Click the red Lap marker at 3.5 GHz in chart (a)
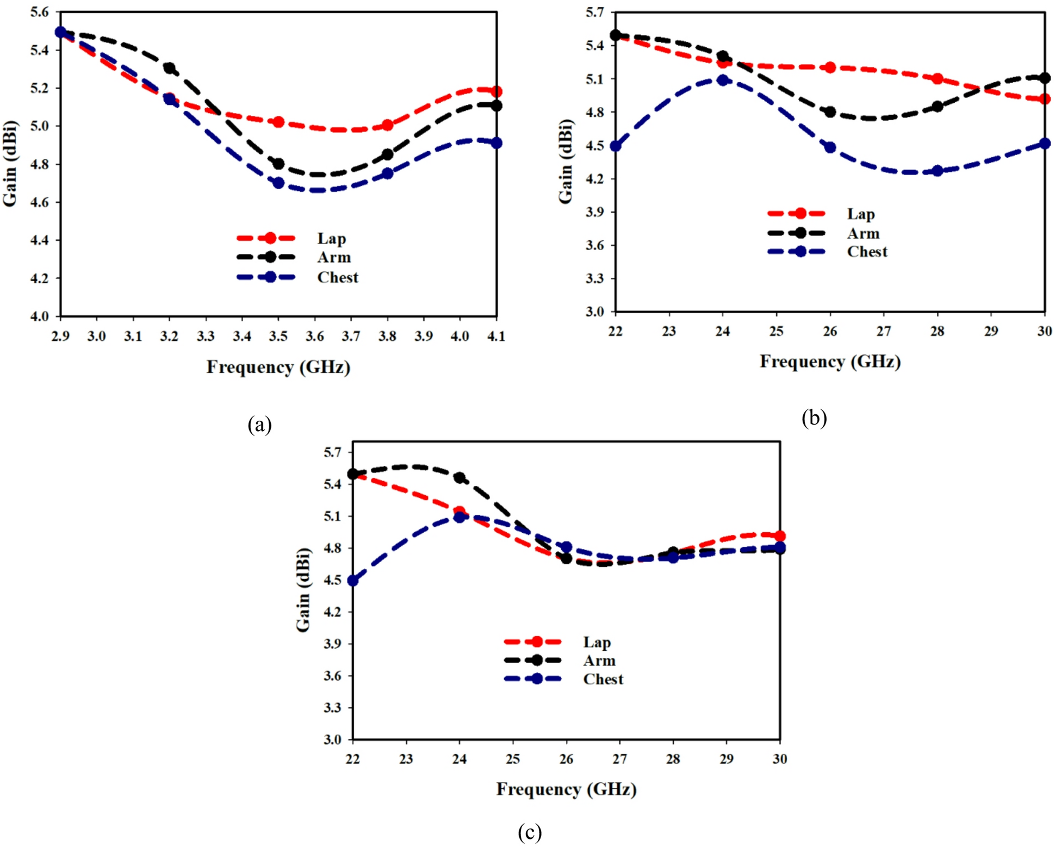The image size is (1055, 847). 278,122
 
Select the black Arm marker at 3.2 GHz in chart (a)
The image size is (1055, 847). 169,68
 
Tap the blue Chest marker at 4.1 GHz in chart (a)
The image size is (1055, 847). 496,143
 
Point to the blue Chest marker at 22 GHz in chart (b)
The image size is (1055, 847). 615,146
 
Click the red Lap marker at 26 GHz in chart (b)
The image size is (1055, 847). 830,67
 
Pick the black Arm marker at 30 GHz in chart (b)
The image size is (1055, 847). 1044,78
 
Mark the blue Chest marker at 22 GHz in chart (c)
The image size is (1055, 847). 352,581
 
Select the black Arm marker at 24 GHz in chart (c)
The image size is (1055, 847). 460,478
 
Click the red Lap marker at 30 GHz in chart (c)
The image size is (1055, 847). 779,536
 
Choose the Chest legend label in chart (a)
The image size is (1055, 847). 338,278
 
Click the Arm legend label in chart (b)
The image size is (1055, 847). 863,234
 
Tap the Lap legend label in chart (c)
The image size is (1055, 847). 597,643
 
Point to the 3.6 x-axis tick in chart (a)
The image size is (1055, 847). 314,337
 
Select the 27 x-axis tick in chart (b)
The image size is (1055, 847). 883,331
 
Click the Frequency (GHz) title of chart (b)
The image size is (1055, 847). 830,362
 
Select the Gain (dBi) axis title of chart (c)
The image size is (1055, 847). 303,590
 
